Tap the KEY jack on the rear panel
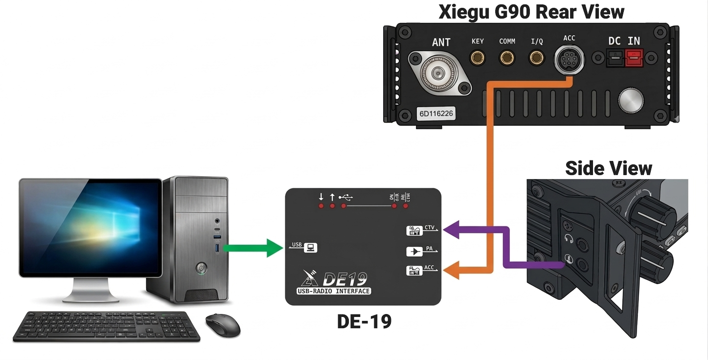point(478,59)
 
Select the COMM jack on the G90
point(507,59)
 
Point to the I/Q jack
point(537,59)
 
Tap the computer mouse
point(223,325)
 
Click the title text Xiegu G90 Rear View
point(531,11)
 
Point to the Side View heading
point(608,168)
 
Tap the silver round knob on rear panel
point(631,100)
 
